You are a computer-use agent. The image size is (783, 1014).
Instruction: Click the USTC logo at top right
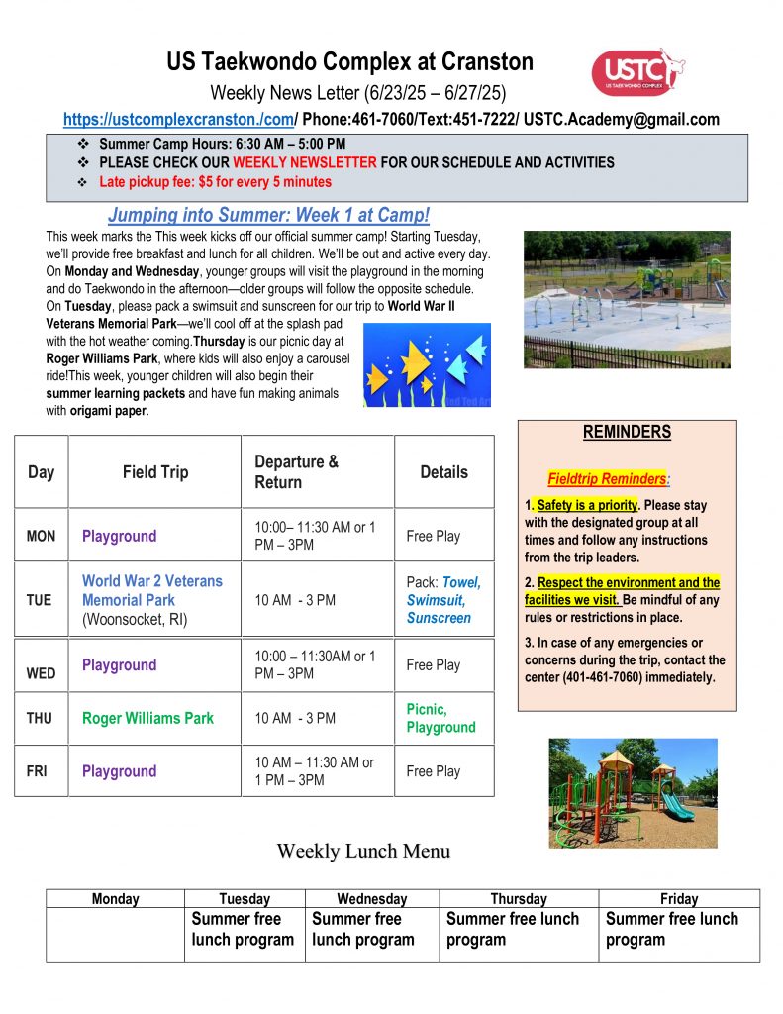(638, 72)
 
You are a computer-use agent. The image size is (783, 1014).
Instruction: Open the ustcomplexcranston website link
(179, 120)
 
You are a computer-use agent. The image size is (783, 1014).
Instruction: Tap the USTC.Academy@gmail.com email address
(622, 120)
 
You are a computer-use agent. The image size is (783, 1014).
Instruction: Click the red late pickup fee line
(215, 182)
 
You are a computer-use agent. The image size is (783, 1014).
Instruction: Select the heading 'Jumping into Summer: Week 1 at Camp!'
(268, 215)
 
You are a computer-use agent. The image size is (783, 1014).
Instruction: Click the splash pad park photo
(626, 299)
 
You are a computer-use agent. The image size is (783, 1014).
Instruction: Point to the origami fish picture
(427, 364)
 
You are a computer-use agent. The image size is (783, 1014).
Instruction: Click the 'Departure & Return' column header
(296, 471)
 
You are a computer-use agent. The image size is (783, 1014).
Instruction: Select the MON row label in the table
(41, 536)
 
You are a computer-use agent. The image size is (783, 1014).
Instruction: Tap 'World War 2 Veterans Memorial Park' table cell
(151, 590)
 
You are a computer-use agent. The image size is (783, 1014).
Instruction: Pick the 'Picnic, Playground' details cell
(440, 718)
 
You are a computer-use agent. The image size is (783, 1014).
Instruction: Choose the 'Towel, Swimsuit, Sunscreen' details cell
(441, 600)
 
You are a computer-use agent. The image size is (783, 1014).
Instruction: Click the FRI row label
(37, 771)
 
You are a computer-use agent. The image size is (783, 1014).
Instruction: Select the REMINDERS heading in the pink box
(627, 432)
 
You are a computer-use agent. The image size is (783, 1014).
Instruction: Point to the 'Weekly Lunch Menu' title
(363, 851)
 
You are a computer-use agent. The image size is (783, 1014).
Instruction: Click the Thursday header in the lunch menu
(518, 899)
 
